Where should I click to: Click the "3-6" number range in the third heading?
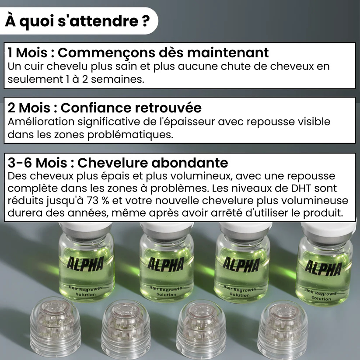(x=20, y=163)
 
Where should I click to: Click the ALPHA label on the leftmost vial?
(x=86, y=264)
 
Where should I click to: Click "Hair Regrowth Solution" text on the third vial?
(x=239, y=292)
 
